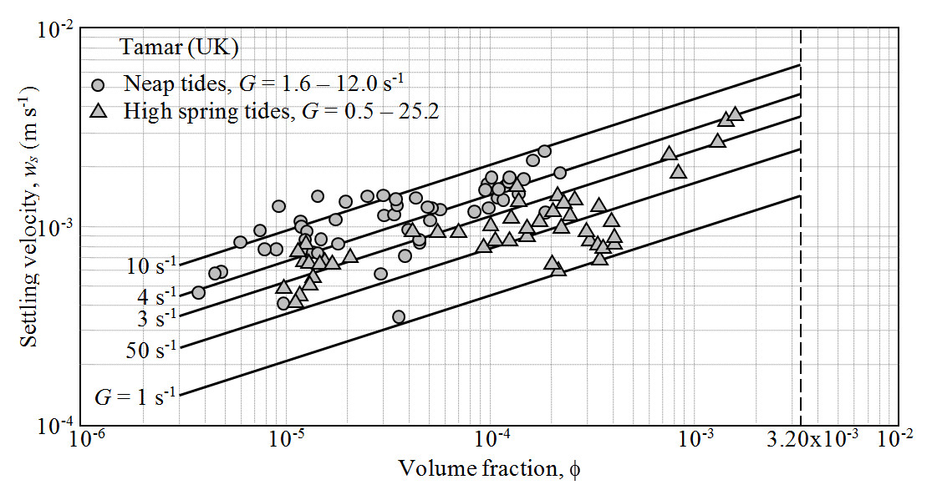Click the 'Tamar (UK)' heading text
[180, 48]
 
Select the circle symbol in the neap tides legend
[99, 84]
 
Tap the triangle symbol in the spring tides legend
[99, 109]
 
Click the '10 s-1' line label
[151, 267]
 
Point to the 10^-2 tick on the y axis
[59, 31]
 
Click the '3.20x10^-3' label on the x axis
[802, 440]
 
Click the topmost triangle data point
[736, 114]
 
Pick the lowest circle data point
[399, 316]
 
